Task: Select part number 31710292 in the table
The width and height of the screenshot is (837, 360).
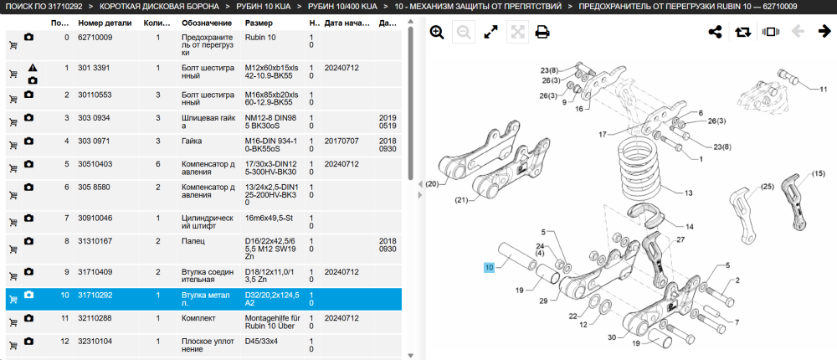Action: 95,295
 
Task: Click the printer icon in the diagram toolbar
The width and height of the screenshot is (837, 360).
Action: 542,33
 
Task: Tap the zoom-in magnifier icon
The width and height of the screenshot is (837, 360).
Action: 437,33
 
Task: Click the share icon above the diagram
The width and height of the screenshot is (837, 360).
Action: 715,32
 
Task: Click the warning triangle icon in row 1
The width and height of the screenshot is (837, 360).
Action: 33,69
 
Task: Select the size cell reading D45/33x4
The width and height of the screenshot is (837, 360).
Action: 261,341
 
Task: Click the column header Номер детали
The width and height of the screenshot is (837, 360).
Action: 105,23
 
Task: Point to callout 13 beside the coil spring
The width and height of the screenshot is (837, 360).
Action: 688,193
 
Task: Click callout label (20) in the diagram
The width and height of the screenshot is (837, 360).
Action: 432,184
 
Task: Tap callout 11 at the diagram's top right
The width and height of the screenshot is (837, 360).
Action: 824,89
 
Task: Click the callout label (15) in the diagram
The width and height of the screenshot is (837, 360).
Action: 819,173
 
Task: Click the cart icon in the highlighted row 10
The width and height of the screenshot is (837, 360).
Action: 13,300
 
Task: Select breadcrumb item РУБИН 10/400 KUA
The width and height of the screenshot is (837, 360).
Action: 342,7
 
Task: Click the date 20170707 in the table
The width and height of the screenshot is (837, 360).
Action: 341,141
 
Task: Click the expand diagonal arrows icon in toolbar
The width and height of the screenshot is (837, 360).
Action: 490,33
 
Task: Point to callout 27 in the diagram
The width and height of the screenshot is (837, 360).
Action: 680,239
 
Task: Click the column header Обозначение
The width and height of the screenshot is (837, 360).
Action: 207,23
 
